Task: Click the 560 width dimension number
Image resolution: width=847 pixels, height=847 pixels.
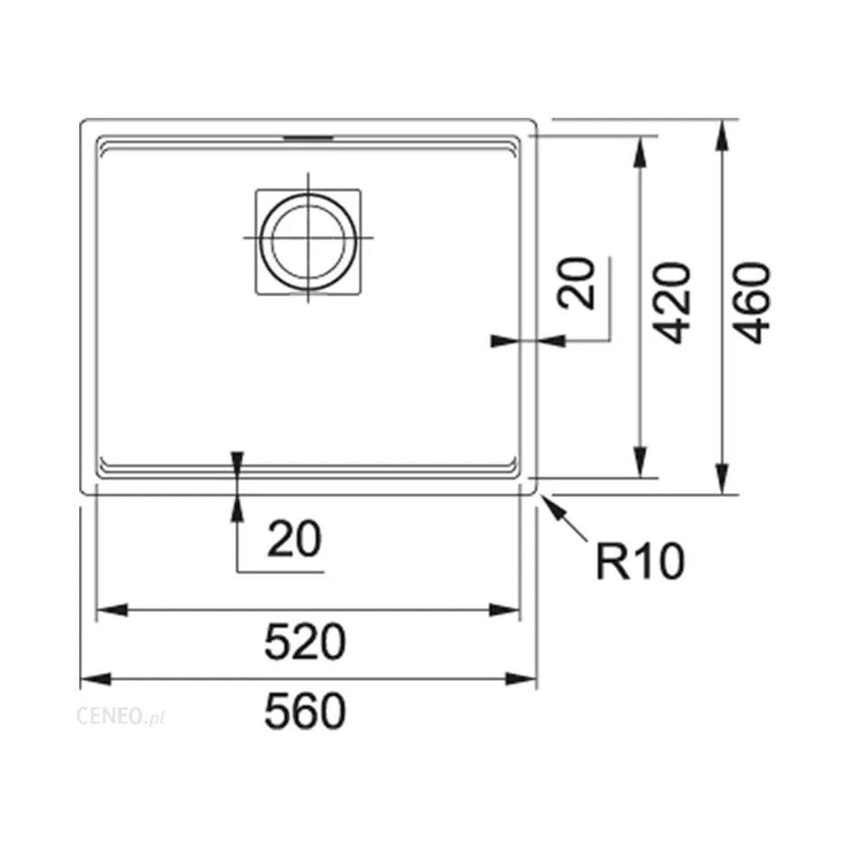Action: pyautogui.click(x=305, y=712)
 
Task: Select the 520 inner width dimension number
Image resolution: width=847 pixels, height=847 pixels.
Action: pyautogui.click(x=305, y=642)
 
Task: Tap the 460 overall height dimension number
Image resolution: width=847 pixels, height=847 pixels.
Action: pyautogui.click(x=753, y=303)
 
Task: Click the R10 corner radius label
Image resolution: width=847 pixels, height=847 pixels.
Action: pyautogui.click(x=640, y=561)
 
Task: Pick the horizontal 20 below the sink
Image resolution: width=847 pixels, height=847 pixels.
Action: pyautogui.click(x=295, y=539)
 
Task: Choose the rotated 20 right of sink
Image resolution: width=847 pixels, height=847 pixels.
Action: pyautogui.click(x=577, y=283)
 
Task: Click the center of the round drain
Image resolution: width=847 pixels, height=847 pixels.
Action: pyautogui.click(x=308, y=241)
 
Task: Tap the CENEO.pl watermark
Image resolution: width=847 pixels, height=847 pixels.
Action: pyautogui.click(x=121, y=716)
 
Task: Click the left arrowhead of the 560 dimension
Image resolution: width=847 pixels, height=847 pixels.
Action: pyautogui.click(x=96, y=679)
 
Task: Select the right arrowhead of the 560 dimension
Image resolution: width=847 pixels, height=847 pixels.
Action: pyautogui.click(x=521, y=679)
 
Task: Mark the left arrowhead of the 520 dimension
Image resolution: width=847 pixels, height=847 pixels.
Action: pyautogui.click(x=112, y=610)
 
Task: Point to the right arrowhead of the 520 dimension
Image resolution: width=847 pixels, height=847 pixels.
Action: pyautogui.click(x=504, y=610)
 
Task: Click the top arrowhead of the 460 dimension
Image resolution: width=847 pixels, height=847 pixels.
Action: pyautogui.click(x=722, y=135)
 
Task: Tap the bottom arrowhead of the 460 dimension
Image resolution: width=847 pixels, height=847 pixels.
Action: pyautogui.click(x=722, y=478)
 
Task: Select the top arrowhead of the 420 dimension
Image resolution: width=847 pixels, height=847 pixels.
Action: pyautogui.click(x=640, y=151)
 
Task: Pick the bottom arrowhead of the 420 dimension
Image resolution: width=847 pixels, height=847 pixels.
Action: pyautogui.click(x=640, y=462)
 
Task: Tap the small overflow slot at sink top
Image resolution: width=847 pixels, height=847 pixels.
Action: pyautogui.click(x=309, y=138)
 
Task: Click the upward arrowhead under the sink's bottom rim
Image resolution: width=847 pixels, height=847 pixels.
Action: pyautogui.click(x=237, y=508)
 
